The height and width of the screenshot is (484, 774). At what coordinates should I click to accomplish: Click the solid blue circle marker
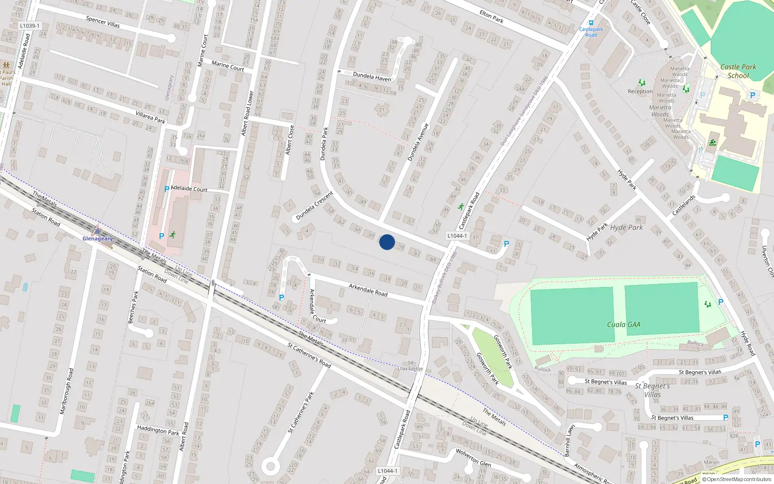coord(387,242)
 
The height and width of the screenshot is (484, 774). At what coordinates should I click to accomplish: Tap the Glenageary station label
coord(98,238)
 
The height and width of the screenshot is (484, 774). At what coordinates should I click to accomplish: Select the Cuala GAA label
coord(624,325)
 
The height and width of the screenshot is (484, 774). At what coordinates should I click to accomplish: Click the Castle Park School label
coord(738,71)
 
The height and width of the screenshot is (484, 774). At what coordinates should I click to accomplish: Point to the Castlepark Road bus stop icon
coord(591,23)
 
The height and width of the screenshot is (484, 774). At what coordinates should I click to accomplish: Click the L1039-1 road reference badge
coord(30,26)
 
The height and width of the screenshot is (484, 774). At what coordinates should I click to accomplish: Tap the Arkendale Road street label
coord(368,290)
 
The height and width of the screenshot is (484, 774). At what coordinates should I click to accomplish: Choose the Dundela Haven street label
coord(372,76)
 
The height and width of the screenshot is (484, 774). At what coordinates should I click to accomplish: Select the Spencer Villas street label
coord(103,22)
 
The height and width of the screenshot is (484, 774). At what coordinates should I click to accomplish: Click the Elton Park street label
coord(491,17)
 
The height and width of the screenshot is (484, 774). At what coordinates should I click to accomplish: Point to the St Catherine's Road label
coord(309,355)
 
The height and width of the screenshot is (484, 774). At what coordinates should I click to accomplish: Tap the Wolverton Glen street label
coord(473,457)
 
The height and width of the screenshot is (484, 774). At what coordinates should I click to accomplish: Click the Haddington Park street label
coord(158,430)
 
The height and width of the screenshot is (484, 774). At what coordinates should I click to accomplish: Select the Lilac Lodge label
coord(410,369)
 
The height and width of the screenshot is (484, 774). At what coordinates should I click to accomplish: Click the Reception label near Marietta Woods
coord(640,91)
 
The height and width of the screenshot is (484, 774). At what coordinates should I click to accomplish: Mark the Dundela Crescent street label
coord(314,206)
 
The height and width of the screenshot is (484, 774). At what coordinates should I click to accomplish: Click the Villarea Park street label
coord(150,117)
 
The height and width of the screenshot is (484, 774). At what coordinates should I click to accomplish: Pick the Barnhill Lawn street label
coord(569,440)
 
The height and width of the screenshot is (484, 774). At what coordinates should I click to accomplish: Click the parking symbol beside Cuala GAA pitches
coord(720,302)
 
